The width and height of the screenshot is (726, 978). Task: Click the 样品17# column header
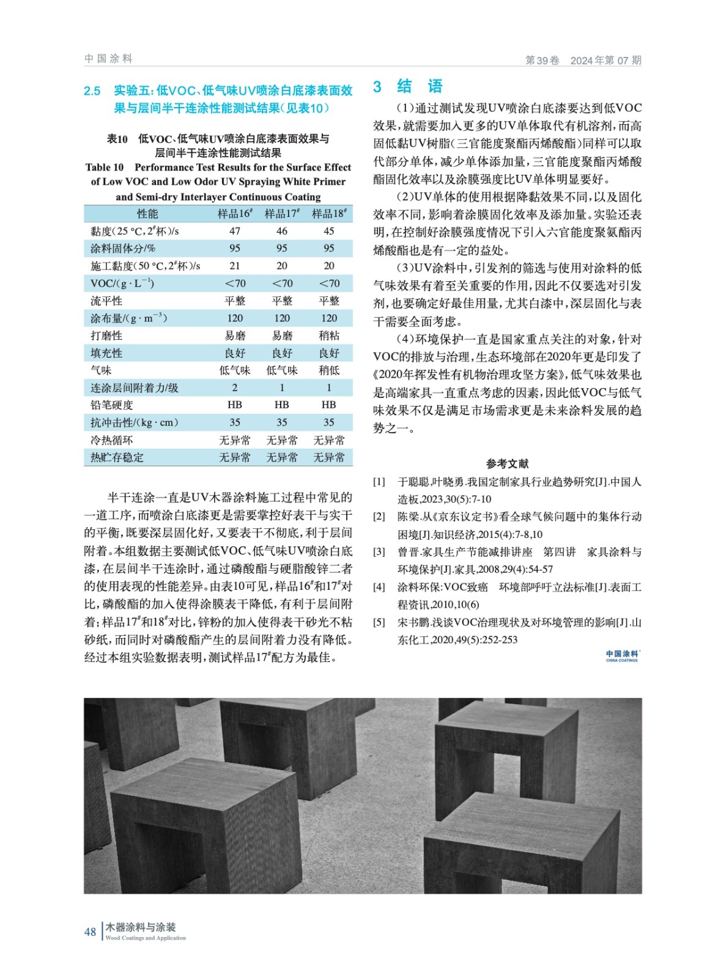282,213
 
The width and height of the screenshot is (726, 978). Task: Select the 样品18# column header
329,213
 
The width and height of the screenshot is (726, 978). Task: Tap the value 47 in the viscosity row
235,231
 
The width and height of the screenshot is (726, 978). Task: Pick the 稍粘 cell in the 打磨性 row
329,336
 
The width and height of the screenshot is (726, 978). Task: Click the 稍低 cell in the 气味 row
329,370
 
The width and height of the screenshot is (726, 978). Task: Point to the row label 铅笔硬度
112,405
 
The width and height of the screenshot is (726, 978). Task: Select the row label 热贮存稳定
117,457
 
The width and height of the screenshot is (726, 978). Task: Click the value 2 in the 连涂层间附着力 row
235,388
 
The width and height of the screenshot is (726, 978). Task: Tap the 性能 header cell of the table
147,213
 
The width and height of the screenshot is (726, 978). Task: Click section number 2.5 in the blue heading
92,91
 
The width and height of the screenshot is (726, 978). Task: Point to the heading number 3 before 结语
377,87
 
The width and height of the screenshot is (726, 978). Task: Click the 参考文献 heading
507,463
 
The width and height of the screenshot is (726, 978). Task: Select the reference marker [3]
379,552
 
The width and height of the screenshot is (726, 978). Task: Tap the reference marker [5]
379,622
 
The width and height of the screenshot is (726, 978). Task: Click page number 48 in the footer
90,932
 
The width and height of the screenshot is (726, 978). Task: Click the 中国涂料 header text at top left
108,59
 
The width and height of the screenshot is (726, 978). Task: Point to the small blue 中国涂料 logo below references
622,655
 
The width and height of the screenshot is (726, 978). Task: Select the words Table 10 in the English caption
105,167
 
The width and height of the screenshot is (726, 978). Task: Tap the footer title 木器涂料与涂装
141,927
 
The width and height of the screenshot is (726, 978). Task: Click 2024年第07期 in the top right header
606,60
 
